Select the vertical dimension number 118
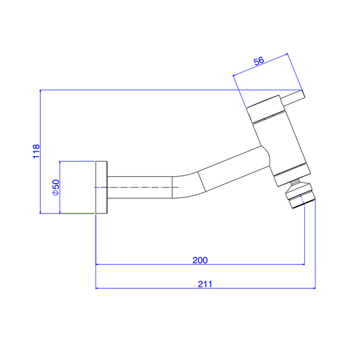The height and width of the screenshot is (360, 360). [x=37, y=151]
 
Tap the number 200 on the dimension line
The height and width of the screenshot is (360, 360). [x=200, y=260]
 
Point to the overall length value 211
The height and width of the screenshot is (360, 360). [x=205, y=284]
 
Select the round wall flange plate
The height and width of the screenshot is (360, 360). [x=101, y=187]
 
